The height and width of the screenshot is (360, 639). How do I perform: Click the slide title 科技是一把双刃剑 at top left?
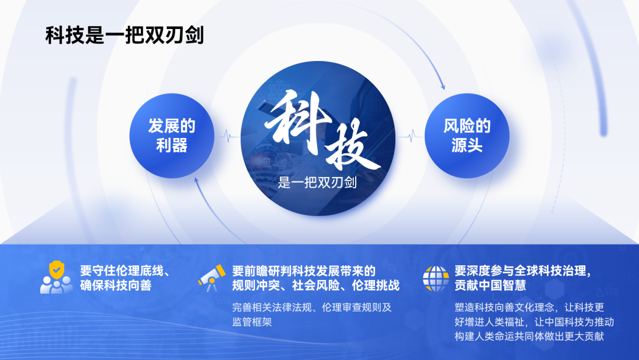click(x=124, y=35)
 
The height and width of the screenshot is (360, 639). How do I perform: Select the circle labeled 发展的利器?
click(x=172, y=136)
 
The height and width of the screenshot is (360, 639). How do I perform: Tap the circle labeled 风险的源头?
click(x=467, y=136)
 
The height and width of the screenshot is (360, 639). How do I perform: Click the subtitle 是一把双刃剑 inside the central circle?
click(x=318, y=182)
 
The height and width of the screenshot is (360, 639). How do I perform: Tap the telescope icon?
click(x=212, y=278)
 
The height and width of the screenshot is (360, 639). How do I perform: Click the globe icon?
click(x=435, y=278)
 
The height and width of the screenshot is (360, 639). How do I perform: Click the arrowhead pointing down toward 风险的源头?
click(x=443, y=87)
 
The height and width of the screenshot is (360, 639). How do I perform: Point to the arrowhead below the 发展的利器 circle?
click(x=196, y=181)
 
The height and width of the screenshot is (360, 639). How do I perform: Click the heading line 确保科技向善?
click(x=116, y=285)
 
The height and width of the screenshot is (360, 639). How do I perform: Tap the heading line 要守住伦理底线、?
click(x=125, y=271)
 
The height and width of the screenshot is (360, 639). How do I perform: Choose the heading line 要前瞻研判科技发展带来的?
click(x=304, y=271)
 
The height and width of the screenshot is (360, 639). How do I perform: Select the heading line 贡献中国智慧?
click(x=490, y=285)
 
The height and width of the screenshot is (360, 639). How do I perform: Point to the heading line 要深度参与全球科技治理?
click(x=523, y=271)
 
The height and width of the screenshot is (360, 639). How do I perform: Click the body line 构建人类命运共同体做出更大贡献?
click(x=529, y=336)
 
